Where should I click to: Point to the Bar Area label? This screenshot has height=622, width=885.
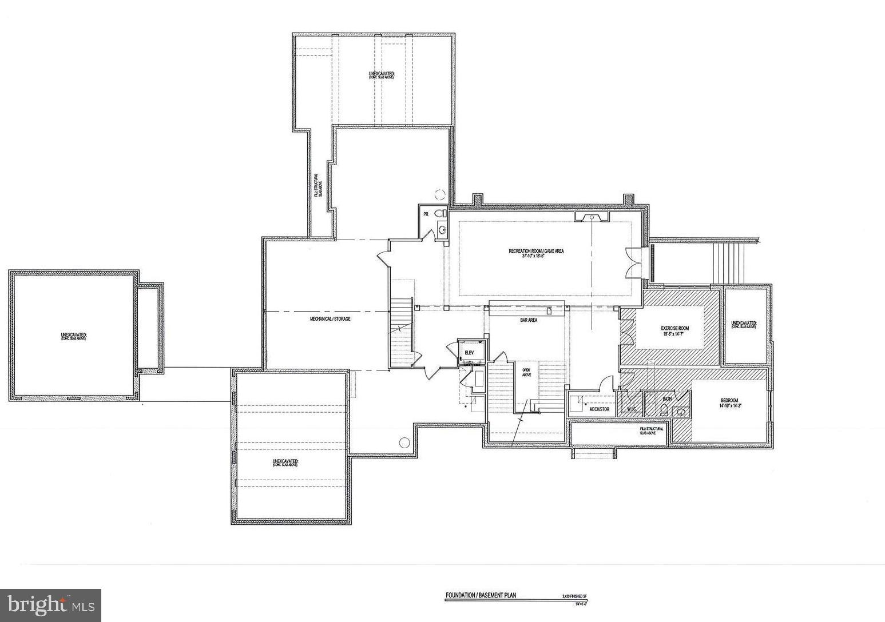coord(528,320)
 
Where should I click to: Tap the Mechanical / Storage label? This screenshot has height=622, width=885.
coord(330,318)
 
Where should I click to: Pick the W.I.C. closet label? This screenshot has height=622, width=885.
coord(632,409)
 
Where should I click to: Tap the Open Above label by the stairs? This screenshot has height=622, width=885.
coord(526,372)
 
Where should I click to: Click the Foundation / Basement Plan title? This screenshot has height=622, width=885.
coord(481,595)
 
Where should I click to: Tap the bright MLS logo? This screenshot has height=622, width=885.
coord(51,605)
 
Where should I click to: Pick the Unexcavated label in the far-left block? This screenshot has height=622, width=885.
coord(73,336)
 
